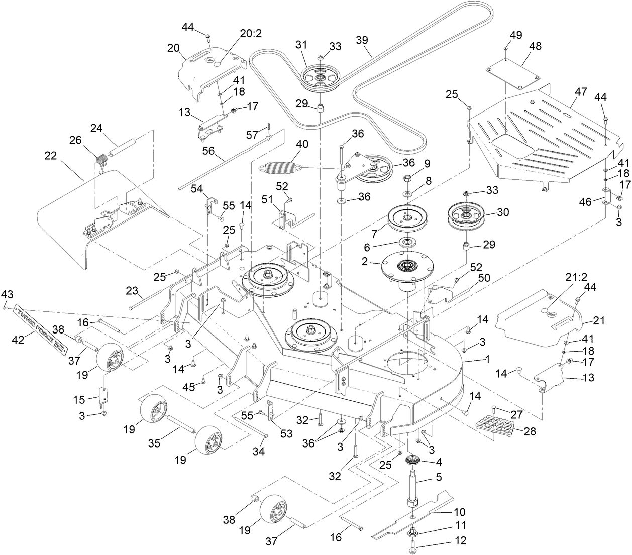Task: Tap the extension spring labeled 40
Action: [x=278, y=166]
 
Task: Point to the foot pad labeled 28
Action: [x=495, y=421]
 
